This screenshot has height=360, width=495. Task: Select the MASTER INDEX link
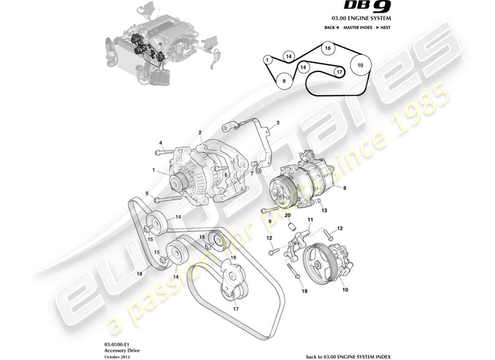[357, 27]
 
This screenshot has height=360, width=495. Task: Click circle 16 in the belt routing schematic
[328, 49]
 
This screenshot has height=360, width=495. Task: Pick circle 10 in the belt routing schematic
[360, 65]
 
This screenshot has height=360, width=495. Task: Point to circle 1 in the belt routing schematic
[267, 59]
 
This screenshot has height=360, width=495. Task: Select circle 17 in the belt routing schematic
[338, 72]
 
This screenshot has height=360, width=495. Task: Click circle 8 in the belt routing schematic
[283, 81]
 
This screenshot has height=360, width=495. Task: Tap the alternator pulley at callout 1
[178, 182]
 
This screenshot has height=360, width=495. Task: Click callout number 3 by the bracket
[278, 122]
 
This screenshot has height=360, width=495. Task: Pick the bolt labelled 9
[269, 210]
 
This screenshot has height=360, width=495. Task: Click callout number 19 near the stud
[304, 291]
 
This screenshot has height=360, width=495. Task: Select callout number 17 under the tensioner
[235, 309]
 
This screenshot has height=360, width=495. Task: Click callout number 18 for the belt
[139, 273]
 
